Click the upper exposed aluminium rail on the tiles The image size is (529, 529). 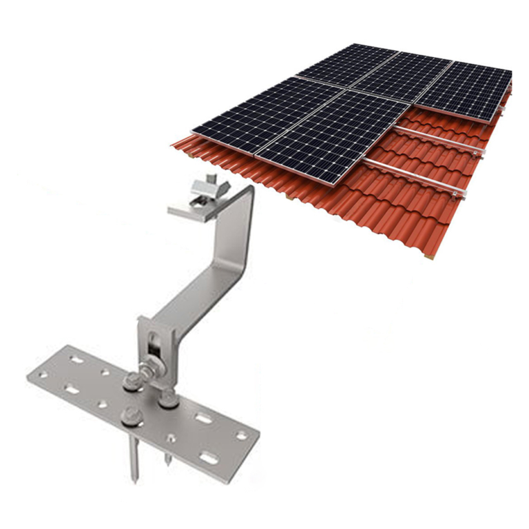[441, 140]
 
